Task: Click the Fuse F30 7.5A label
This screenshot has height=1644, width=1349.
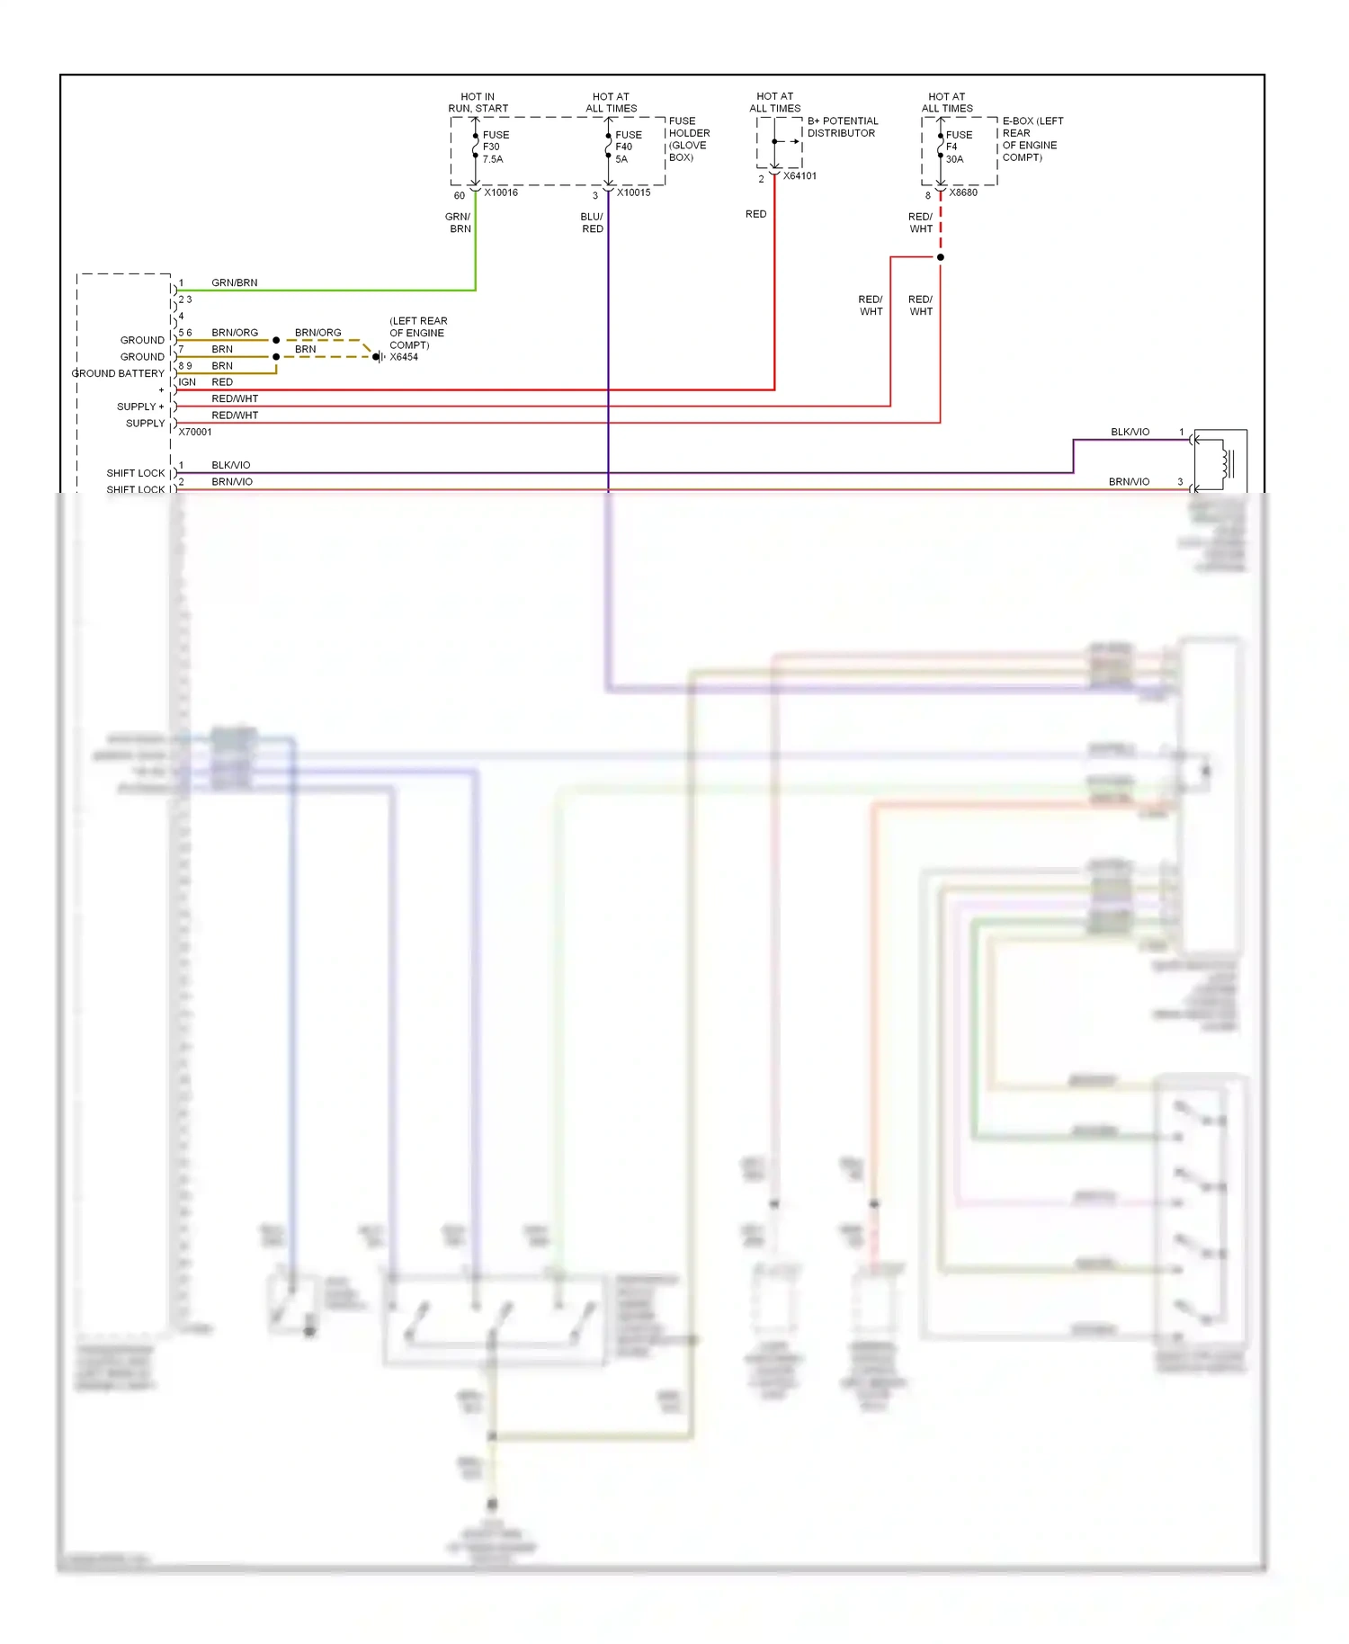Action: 495,147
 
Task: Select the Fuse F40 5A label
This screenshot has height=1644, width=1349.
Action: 628,147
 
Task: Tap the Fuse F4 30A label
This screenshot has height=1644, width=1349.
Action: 958,147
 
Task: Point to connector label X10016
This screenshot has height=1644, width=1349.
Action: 500,192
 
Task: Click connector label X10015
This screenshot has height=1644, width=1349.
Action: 633,192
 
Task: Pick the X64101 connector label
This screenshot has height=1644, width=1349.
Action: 800,176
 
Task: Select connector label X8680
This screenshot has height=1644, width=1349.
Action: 962,192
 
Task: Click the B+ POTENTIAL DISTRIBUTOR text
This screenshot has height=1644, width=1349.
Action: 842,127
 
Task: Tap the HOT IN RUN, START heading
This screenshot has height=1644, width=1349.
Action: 478,103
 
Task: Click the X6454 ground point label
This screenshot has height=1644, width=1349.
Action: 404,357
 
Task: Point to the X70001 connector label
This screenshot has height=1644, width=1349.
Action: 195,432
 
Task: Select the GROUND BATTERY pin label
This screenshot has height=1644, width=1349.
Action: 118,373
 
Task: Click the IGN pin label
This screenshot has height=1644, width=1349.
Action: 187,382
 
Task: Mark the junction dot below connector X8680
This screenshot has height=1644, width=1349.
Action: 941,257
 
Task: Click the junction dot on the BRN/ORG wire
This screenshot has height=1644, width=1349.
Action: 276,341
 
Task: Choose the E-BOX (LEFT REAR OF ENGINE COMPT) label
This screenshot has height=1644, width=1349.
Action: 1032,139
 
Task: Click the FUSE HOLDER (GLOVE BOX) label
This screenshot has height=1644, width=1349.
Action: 689,139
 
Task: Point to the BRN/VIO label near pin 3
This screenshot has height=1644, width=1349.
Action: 1129,482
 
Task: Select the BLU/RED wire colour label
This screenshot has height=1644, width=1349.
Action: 592,223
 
